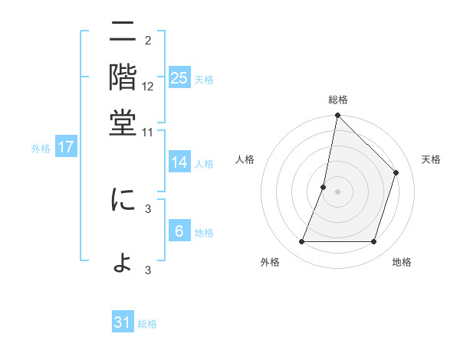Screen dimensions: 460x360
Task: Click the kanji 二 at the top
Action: click(x=123, y=34)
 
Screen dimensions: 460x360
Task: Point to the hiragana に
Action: click(x=123, y=200)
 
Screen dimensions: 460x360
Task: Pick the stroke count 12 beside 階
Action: click(x=148, y=87)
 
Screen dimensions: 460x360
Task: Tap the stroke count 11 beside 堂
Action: click(x=148, y=132)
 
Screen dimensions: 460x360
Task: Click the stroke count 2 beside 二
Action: click(x=148, y=40)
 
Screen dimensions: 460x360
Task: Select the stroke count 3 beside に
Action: click(x=148, y=208)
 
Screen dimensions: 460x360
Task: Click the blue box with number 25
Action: click(x=179, y=78)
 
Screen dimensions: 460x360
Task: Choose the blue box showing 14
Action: click(x=179, y=162)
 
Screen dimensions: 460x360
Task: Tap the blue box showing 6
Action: click(x=179, y=231)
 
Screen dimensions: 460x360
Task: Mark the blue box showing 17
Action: click(x=65, y=148)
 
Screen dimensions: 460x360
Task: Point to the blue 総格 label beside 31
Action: click(x=147, y=324)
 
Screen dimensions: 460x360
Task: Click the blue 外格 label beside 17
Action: click(x=41, y=149)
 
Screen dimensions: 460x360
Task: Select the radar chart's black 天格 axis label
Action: click(x=431, y=159)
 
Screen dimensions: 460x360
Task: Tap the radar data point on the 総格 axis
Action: click(x=337, y=116)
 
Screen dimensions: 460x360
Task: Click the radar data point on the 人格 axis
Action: click(x=324, y=187)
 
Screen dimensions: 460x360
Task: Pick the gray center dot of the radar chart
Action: click(x=337, y=191)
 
